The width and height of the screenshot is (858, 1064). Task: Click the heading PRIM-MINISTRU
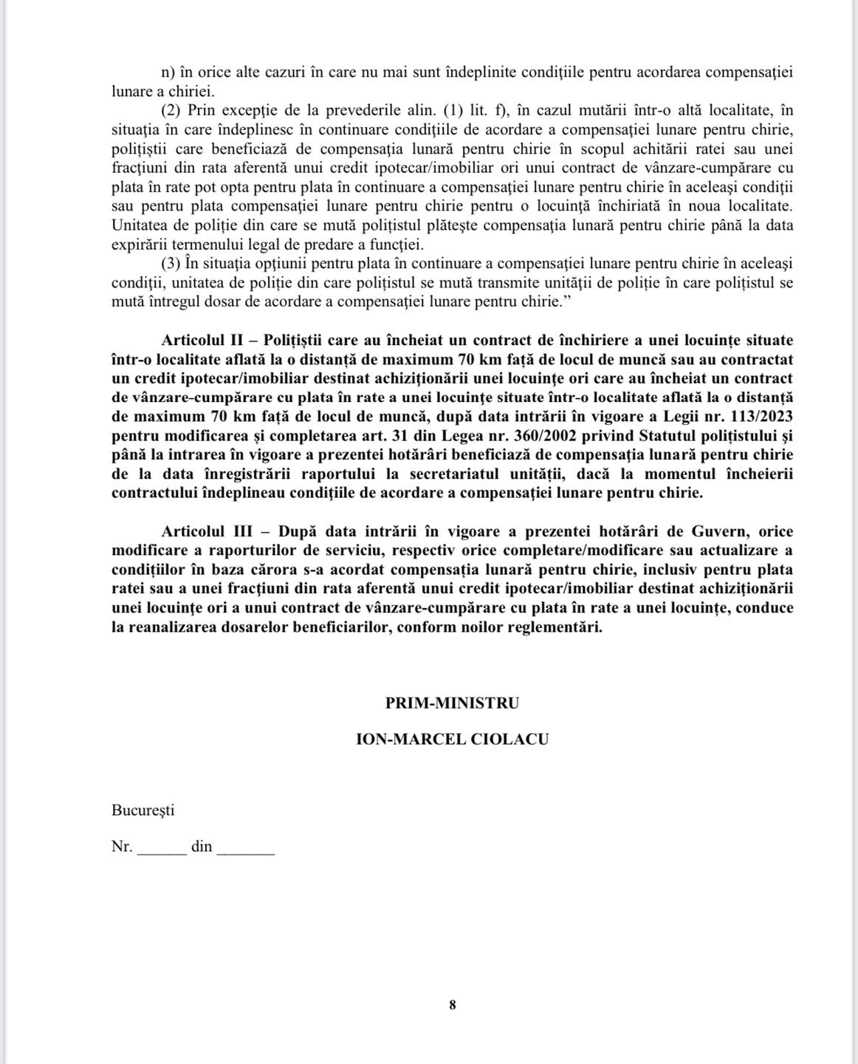point(452,703)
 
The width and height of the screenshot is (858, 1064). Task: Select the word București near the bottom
point(143,810)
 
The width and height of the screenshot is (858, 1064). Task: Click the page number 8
point(453,1005)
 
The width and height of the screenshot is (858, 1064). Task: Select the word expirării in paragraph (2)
point(140,244)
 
